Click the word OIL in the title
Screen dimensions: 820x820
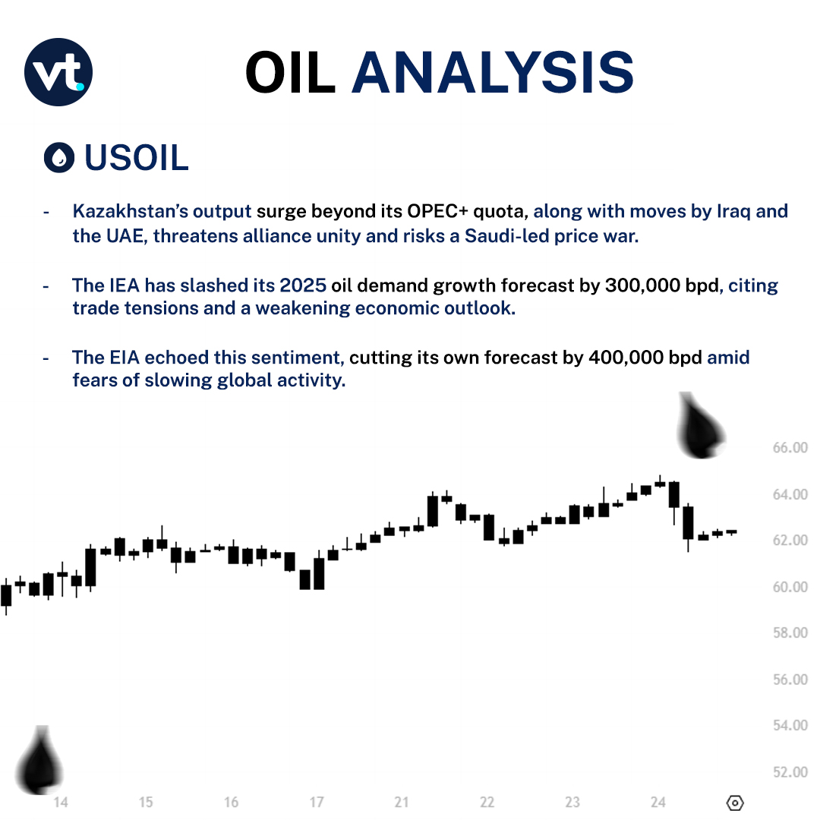(290, 74)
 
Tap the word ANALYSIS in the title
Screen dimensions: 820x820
(492, 74)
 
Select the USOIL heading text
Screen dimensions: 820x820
(137, 157)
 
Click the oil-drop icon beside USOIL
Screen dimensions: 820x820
(59, 157)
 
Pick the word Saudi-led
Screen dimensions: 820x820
(484, 235)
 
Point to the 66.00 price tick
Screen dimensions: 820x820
(790, 448)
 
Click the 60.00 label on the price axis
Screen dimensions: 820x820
(790, 587)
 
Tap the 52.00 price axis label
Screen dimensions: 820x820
(790, 772)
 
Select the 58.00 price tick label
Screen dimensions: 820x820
(790, 633)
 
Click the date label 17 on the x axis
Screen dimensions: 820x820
(317, 803)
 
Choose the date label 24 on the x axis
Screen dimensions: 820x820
(658, 803)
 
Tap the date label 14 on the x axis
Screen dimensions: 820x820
(61, 803)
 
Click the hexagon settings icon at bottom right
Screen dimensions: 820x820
(735, 803)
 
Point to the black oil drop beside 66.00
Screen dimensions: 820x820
(700, 427)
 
